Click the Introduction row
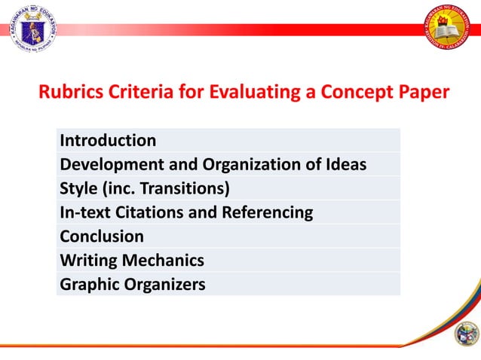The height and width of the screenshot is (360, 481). tap(108, 140)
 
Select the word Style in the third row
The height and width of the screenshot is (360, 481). tap(76, 188)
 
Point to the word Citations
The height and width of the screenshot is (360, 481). tap(147, 212)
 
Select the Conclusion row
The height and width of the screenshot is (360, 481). tap(102, 236)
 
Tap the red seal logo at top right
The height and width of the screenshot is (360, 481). tap(449, 30)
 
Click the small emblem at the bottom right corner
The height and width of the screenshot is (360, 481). tap(467, 333)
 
